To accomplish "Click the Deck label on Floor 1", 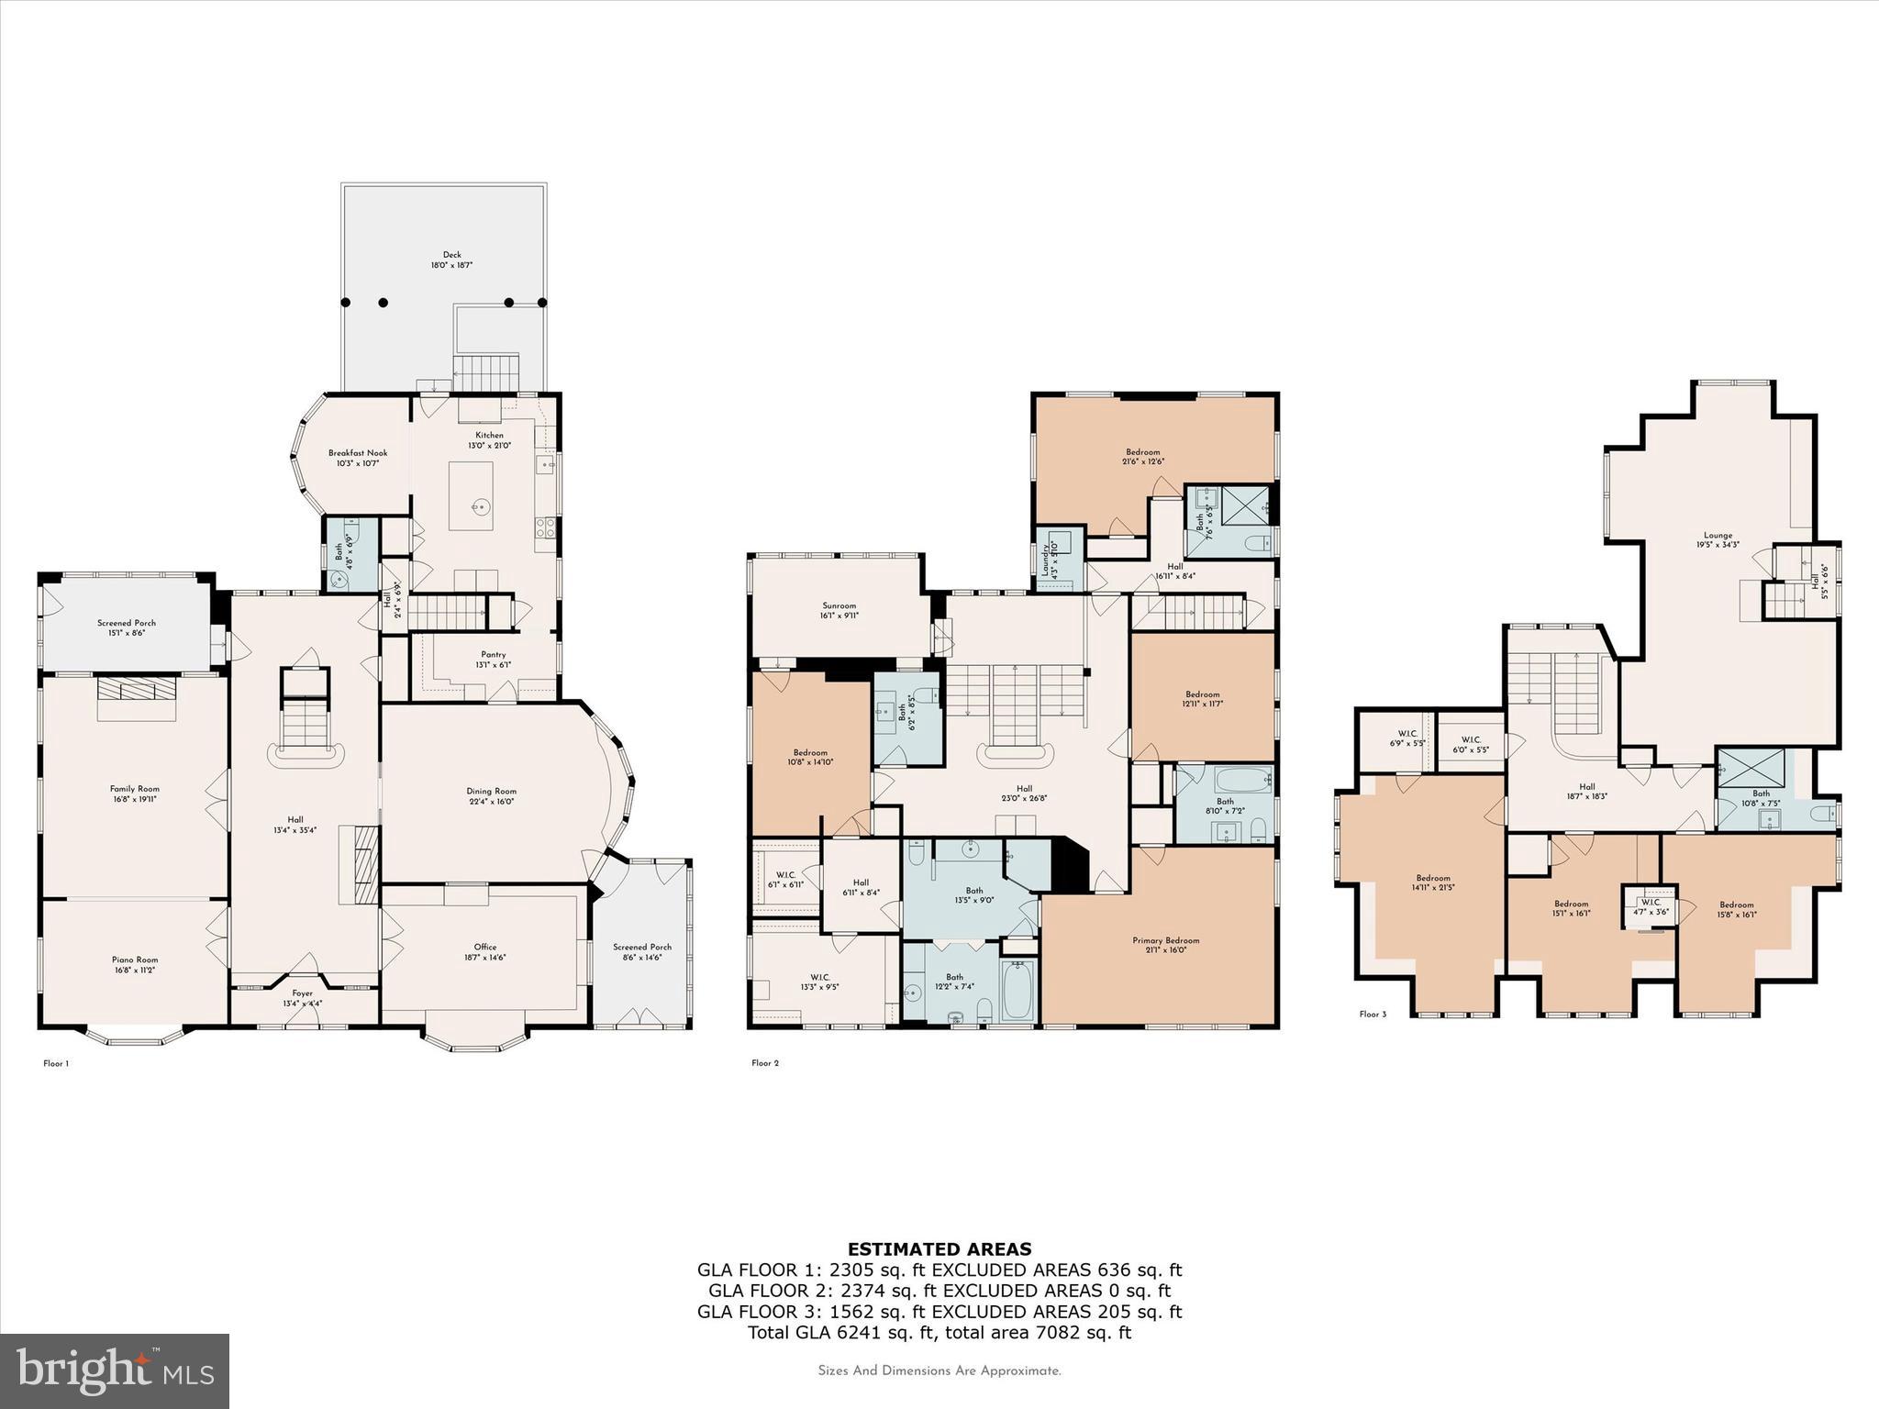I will [x=451, y=255].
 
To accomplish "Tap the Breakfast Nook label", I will [x=358, y=453].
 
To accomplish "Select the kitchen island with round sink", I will [x=471, y=495].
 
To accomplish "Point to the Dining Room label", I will [x=492, y=791].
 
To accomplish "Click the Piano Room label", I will [x=135, y=960].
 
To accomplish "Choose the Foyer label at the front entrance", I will [x=302, y=993].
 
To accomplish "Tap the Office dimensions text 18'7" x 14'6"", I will [x=485, y=958].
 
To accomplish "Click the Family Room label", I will [x=135, y=789].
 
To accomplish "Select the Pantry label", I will [x=493, y=655].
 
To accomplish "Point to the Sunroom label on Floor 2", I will [x=839, y=605].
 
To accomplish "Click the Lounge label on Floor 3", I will [x=1718, y=535].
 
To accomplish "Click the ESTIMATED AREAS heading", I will [x=939, y=1248].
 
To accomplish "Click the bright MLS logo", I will [x=115, y=1370].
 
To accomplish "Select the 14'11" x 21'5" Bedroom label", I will [x=1433, y=878].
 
